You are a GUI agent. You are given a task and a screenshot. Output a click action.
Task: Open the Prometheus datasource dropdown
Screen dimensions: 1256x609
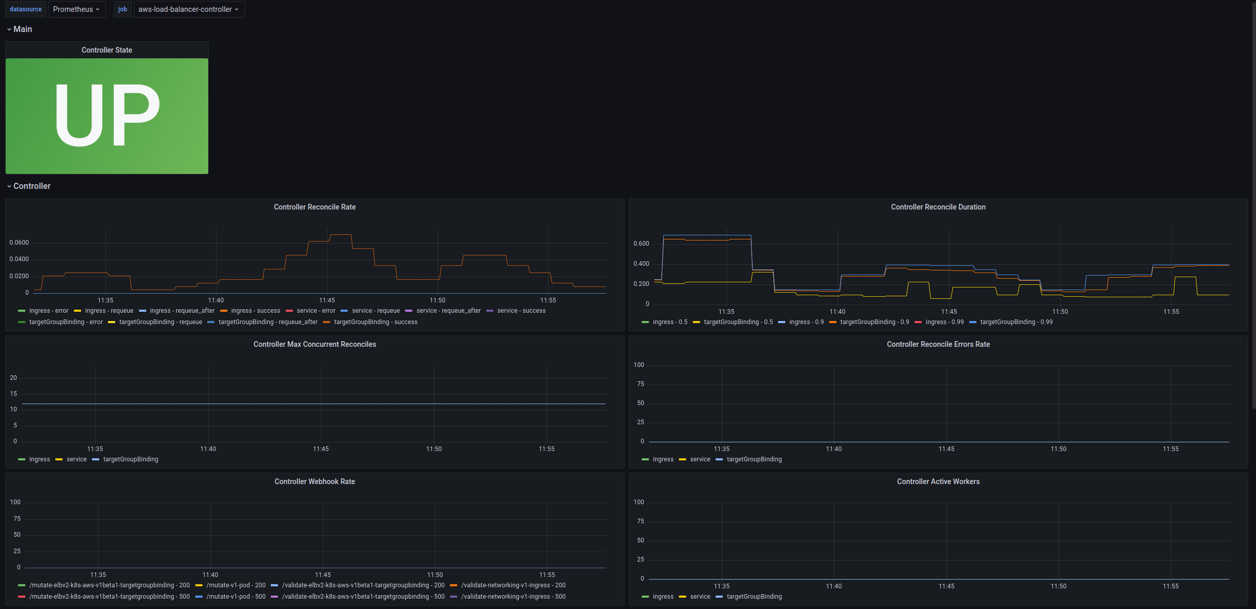[x=76, y=9]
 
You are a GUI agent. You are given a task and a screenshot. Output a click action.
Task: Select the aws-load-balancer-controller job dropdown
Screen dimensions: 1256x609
[x=189, y=9]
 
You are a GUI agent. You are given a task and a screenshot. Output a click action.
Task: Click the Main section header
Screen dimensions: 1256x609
[x=22, y=29]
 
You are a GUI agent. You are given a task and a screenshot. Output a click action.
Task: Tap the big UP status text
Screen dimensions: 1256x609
[x=107, y=116]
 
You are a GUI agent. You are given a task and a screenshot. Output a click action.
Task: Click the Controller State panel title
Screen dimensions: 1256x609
[x=107, y=50]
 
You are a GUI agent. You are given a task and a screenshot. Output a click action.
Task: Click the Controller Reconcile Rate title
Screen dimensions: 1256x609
[x=315, y=207]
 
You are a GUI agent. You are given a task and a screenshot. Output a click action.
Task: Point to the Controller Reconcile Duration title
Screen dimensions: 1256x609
[x=938, y=207]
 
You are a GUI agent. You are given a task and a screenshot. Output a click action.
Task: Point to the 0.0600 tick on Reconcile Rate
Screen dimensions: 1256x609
[x=19, y=243]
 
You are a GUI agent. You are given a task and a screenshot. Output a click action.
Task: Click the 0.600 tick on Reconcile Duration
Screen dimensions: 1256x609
[x=641, y=244]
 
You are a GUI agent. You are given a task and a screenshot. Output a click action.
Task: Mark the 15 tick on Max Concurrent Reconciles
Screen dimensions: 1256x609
[x=13, y=394]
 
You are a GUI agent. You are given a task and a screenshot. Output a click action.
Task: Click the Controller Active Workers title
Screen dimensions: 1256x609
[x=938, y=482]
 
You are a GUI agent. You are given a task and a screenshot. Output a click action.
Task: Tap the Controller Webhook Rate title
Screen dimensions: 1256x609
[x=315, y=482]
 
